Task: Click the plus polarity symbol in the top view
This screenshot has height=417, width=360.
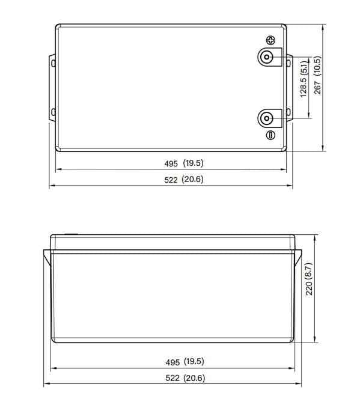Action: pyautogui.click(x=271, y=41)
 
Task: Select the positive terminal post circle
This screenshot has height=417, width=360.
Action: pyautogui.click(x=266, y=58)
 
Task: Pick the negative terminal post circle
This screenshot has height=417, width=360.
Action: pyautogui.click(x=266, y=117)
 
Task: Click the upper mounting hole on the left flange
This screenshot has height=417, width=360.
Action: pyautogui.click(x=53, y=62)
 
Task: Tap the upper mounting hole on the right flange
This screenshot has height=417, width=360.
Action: pyautogui.click(x=290, y=62)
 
